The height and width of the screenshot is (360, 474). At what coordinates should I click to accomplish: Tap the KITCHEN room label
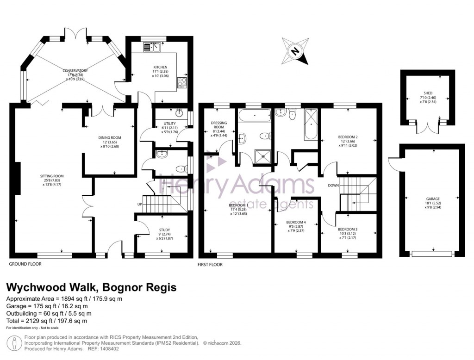[x=160, y=67]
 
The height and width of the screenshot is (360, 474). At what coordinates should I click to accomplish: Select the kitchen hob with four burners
[x=181, y=83]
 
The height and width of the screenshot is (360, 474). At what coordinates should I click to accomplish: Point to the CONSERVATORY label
[x=75, y=71]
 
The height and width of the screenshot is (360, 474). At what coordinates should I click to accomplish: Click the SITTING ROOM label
[x=51, y=176]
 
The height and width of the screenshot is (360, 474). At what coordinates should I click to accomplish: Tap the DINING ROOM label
[x=109, y=137]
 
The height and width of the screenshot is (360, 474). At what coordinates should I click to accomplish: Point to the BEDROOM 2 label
[x=347, y=137]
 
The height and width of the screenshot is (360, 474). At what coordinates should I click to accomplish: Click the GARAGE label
[x=433, y=199]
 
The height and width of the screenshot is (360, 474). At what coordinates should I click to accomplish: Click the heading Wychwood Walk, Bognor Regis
[x=91, y=287]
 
